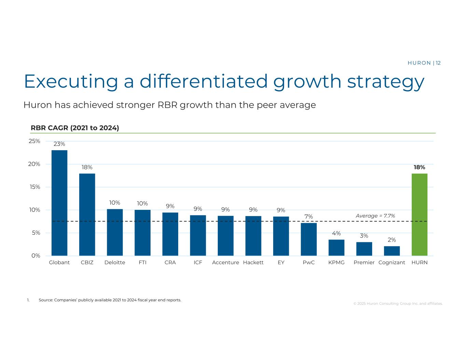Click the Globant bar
coord(59,203)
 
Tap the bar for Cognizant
coord(392,251)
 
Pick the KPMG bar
coord(336,247)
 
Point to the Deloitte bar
coord(115,232)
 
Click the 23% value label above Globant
coord(59,144)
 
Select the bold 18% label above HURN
coord(419,167)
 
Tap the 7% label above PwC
coord(309,217)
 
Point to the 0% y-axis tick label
coord(36,256)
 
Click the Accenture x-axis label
coord(225,262)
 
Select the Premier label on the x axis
coord(364,262)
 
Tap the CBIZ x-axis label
coord(87,262)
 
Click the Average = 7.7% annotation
coord(375,216)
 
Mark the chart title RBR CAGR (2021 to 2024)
coord(75,128)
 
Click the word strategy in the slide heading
coord(386,82)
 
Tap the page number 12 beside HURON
coord(438,63)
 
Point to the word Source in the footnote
coord(46,300)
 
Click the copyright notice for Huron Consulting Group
coord(398,303)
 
